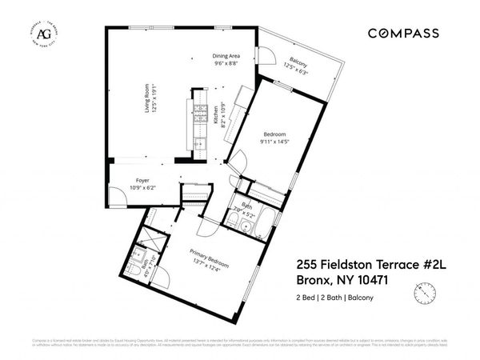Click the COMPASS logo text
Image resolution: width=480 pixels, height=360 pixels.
tap(402, 34)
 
